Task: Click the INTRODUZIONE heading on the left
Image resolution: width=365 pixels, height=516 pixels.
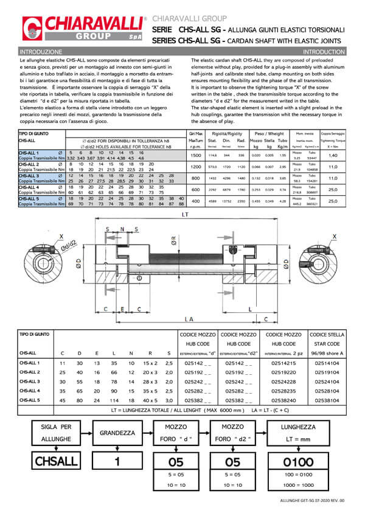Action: pos(41,52)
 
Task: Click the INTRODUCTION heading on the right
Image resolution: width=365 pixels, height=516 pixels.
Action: pos(323,52)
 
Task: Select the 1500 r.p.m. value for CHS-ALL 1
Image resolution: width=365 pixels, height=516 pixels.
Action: pos(195,156)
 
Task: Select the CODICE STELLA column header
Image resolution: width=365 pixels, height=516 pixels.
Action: pos(327,334)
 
